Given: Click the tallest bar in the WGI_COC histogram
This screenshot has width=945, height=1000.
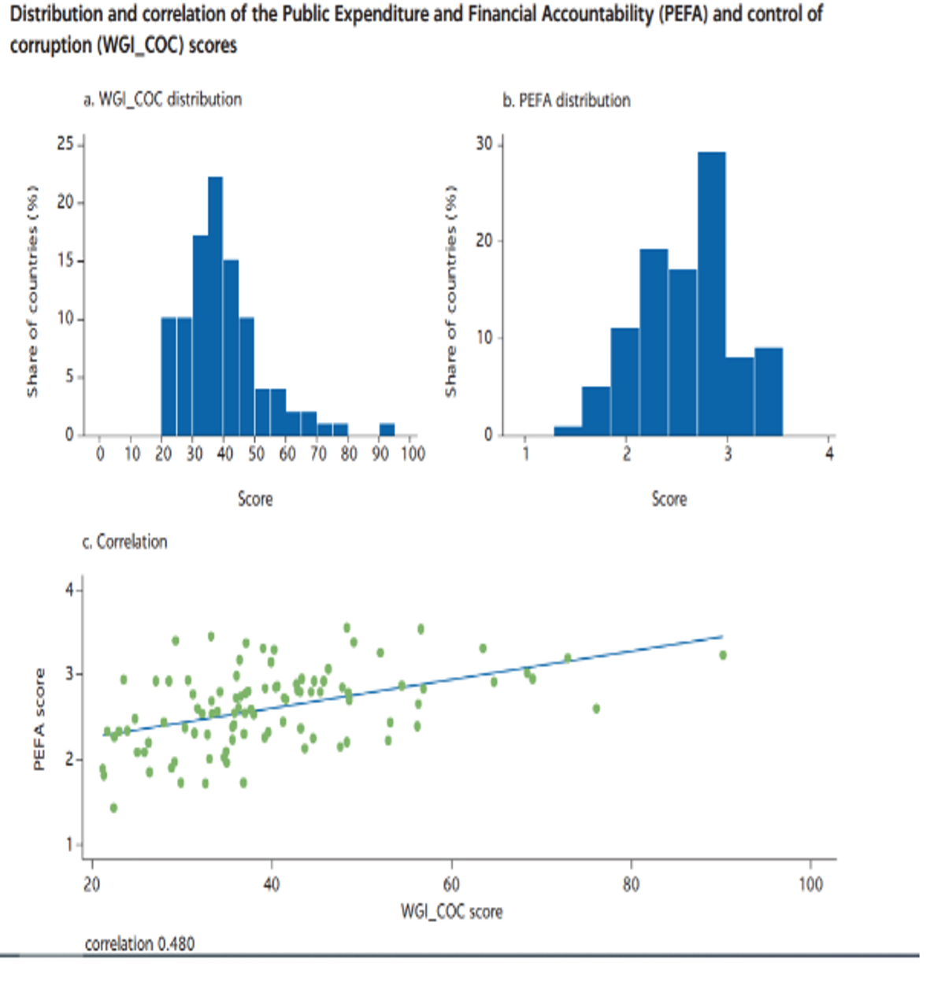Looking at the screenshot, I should point(215,307).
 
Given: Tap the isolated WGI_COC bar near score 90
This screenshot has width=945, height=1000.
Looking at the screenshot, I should point(387,429).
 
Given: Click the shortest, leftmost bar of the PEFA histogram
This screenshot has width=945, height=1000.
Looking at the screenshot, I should point(568,431).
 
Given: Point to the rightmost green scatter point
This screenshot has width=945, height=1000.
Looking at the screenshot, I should point(723,655).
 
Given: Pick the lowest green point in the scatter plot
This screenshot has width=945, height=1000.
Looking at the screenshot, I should point(113,808).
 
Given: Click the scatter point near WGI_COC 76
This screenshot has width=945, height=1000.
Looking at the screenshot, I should point(596,709).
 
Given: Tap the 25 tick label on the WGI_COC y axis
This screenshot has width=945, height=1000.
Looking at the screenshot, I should point(65,144).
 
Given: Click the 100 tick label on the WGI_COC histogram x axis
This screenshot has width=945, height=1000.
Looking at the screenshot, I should point(413,454).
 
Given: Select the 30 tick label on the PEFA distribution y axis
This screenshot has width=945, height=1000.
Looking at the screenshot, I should point(484,144).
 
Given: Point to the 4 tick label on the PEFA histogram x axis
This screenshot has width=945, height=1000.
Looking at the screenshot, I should point(829,454).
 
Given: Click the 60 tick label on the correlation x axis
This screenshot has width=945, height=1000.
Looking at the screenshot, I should point(451,884).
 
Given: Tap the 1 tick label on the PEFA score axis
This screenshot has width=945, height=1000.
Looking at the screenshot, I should point(69,845).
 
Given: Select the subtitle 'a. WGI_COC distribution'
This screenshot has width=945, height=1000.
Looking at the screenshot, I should point(162,99).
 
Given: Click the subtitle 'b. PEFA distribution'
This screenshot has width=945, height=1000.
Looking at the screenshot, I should point(566,100).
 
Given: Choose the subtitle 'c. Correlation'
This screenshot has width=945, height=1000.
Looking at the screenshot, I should point(124,542).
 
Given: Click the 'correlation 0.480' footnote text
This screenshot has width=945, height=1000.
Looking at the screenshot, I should point(139,943).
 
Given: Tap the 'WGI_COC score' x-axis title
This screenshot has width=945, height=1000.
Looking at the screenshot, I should point(451,912).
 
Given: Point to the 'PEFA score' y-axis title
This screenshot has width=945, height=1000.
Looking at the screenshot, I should point(39,719).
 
